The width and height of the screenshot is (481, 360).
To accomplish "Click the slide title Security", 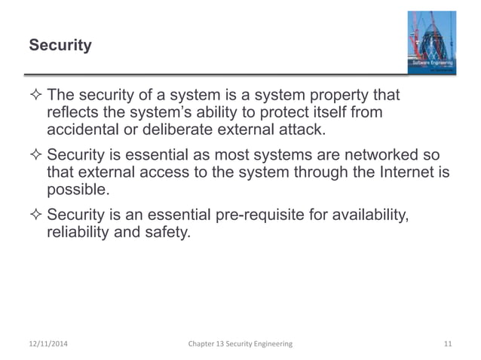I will (x=60, y=46).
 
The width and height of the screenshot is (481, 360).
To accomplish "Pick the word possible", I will (x=78, y=190).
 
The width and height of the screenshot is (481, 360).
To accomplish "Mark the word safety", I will (x=166, y=234).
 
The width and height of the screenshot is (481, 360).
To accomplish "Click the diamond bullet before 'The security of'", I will (x=35, y=96).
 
